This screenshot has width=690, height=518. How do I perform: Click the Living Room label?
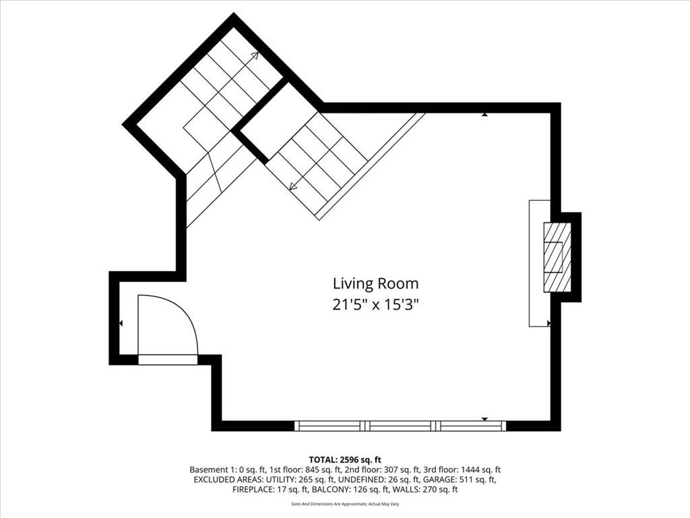[x=375, y=284]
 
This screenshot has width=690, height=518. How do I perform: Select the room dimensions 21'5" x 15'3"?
[x=375, y=305]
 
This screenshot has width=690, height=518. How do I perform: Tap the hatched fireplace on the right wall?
[x=557, y=258]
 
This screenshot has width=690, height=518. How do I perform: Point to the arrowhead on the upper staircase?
[x=255, y=55]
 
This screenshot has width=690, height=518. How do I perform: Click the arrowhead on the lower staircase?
[x=293, y=186]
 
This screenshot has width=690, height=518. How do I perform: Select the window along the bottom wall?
[x=400, y=426]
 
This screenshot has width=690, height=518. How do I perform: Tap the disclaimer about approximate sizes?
[x=345, y=504]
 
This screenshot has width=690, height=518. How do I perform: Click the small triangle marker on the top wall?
[x=484, y=115]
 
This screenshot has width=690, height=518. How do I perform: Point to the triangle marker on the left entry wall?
[x=121, y=323]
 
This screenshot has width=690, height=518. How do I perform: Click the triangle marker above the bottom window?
[x=485, y=419]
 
